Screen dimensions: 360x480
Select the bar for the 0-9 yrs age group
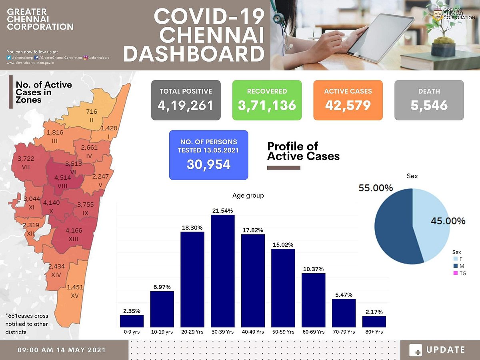click(132, 321)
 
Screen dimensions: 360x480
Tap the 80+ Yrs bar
click(374, 322)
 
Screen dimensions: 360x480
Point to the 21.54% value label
click(222, 210)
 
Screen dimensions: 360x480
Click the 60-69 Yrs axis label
click(313, 332)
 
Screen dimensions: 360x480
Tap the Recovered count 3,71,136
click(267, 106)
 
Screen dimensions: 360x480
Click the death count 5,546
click(429, 106)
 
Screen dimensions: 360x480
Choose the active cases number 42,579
click(348, 106)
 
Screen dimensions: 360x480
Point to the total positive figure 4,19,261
click(186, 106)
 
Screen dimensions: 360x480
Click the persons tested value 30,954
click(208, 164)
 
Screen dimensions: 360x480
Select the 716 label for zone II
click(92, 112)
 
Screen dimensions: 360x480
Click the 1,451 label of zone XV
click(75, 287)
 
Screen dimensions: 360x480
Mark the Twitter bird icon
click(9, 58)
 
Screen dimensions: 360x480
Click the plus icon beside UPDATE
click(416, 350)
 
